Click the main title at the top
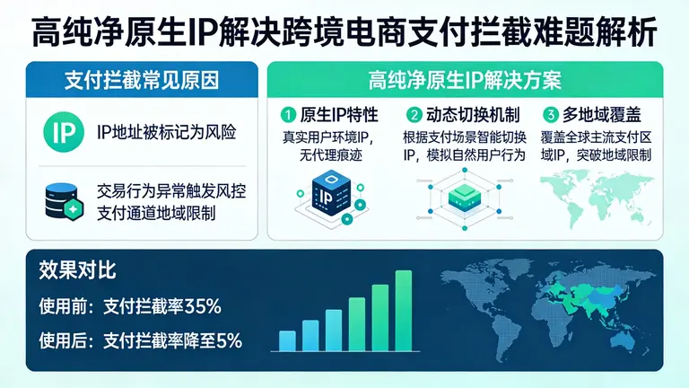pyautogui.click(x=344, y=32)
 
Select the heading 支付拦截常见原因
pyautogui.click(x=134, y=79)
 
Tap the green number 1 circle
pyautogui.click(x=287, y=115)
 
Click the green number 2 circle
pyautogui.click(x=414, y=115)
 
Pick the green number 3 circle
pyautogui.click(x=549, y=115)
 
